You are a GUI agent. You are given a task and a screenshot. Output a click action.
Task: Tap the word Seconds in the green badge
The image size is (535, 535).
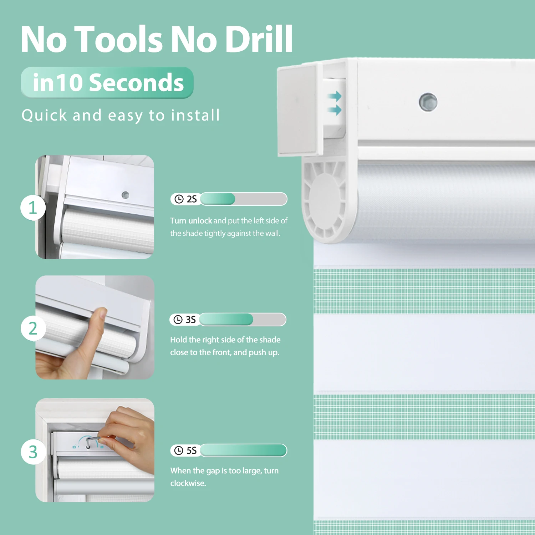click(136, 82)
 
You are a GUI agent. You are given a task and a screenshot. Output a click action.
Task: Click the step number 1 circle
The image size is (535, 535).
click(33, 208)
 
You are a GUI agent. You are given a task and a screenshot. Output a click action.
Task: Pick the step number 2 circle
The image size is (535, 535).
click(33, 328)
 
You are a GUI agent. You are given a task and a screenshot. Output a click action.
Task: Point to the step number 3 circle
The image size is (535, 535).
click(33, 452)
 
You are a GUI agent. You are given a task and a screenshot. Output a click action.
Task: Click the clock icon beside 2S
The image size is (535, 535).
click(179, 199)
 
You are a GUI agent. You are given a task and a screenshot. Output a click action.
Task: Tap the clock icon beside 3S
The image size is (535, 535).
click(178, 320)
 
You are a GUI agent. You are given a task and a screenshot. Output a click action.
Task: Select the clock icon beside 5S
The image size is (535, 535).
click(179, 450)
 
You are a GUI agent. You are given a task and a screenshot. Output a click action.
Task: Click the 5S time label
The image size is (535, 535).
click(192, 450)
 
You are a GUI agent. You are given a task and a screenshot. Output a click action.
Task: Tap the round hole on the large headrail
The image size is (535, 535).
click(428, 102)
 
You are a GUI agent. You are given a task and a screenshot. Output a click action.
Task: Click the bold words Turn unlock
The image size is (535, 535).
click(191, 221)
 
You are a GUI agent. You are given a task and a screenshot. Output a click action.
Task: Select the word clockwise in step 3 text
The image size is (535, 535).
click(188, 483)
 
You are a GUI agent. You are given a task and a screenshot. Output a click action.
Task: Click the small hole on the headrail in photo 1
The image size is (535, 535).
click(125, 195)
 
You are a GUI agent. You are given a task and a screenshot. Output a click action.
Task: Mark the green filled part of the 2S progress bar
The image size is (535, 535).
click(218, 199)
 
